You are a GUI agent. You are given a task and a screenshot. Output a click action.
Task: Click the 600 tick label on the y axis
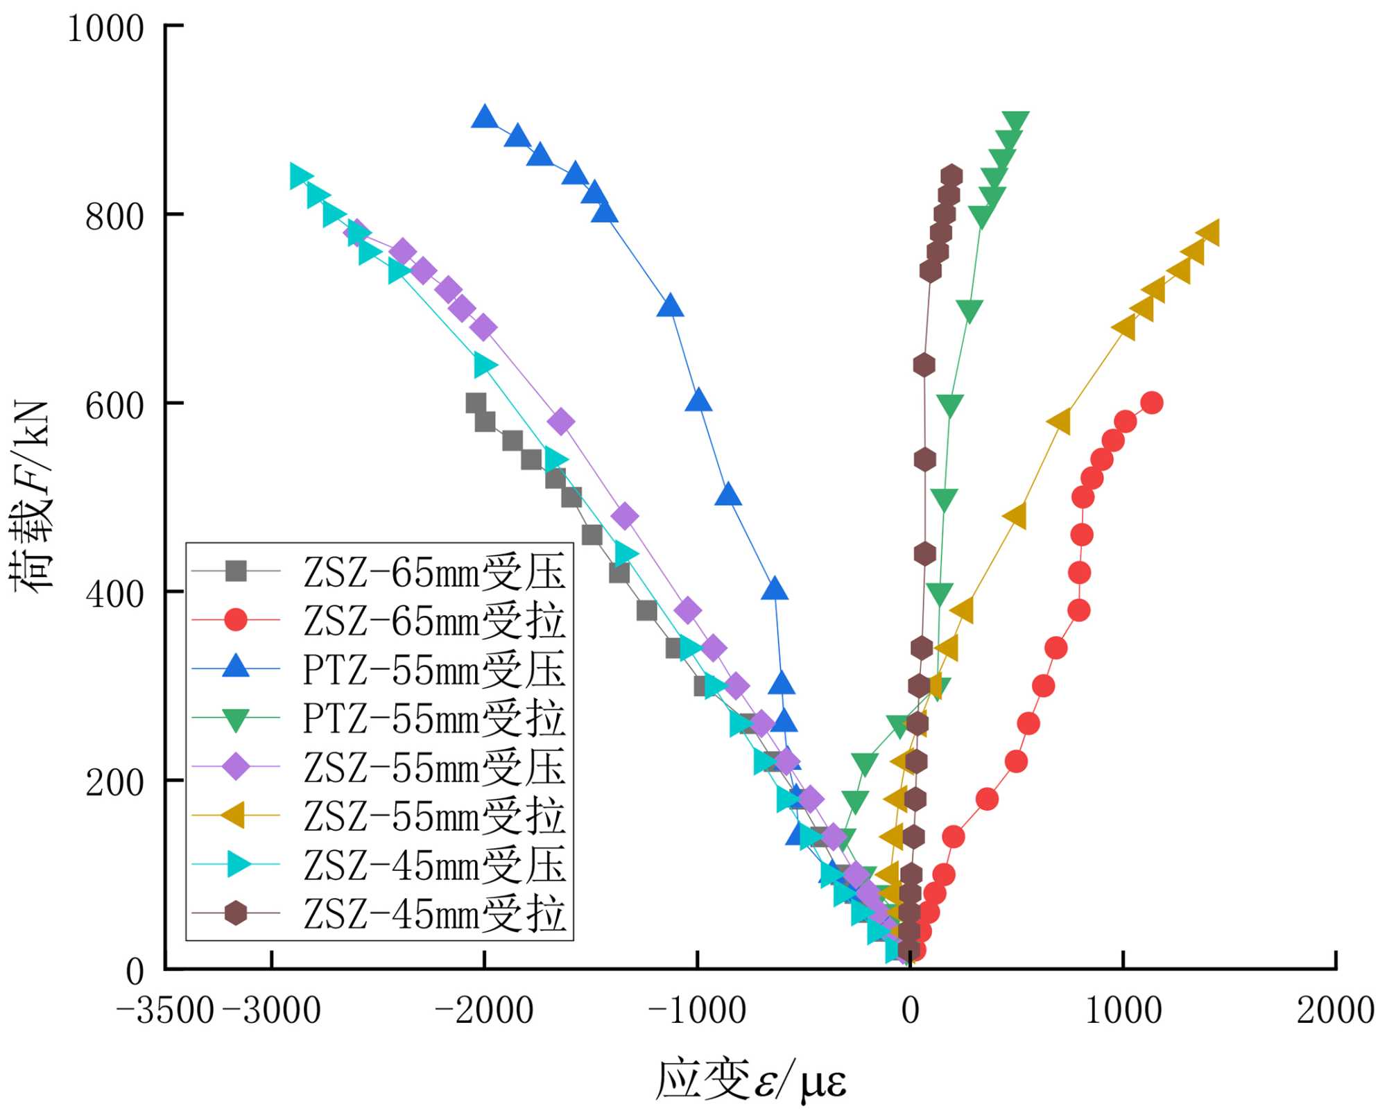(114, 406)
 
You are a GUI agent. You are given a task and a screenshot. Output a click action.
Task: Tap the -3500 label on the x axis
(165, 1010)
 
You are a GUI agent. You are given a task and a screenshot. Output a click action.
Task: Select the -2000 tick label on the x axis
(484, 1010)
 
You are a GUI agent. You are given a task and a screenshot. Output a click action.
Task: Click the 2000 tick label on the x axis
(1336, 1010)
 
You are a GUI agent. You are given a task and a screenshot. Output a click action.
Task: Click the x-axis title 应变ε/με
(751, 1080)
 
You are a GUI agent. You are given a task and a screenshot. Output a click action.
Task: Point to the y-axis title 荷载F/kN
(31, 497)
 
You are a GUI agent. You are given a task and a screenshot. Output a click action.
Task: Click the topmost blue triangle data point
(484, 117)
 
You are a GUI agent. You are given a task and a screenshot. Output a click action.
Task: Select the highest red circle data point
(1151, 402)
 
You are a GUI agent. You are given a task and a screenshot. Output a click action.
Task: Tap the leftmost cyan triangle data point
(300, 177)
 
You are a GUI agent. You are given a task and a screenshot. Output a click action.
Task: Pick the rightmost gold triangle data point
(1209, 233)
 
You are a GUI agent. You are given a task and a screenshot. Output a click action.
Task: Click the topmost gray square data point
(476, 403)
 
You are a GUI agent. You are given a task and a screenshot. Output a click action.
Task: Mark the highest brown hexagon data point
(951, 176)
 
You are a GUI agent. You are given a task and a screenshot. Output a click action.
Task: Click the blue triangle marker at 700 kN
(670, 306)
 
